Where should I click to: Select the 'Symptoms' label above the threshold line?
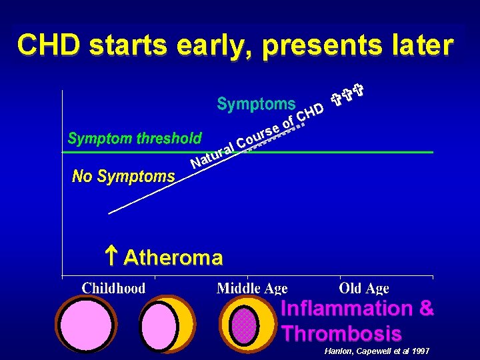click(256, 104)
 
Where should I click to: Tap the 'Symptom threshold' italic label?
click(135, 139)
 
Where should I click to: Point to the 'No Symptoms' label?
click(123, 177)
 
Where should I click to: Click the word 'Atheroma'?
click(173, 257)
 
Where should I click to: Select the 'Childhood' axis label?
click(113, 288)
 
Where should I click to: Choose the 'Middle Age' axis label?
click(252, 289)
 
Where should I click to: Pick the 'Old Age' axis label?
click(363, 288)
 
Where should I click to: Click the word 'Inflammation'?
click(338, 309)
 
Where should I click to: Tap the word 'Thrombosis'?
click(341, 333)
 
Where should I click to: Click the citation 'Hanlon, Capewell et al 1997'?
click(377, 351)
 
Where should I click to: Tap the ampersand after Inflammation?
click(427, 309)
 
